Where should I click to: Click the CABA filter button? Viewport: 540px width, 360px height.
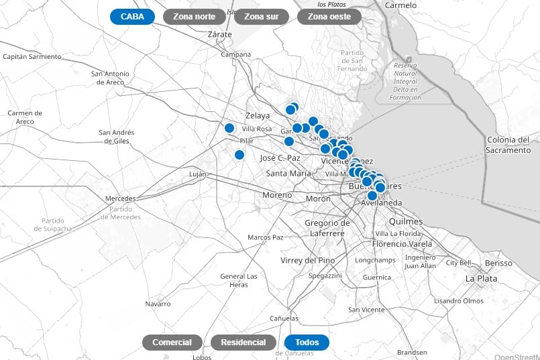(132, 17)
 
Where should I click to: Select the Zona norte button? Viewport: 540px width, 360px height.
(194, 17)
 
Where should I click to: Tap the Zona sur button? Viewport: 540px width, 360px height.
(262, 17)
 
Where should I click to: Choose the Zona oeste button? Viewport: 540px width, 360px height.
(329, 17)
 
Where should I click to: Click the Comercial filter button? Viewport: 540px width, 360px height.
(172, 343)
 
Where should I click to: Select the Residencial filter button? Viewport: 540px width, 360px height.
(243, 343)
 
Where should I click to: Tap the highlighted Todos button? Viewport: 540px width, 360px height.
(307, 343)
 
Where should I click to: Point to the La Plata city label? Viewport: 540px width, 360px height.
(481, 278)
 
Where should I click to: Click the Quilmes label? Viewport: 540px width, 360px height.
(405, 221)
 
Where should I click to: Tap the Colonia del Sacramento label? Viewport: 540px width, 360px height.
(508, 145)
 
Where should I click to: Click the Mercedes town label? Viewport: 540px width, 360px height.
(121, 198)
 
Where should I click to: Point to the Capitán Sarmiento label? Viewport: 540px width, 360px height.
(32, 57)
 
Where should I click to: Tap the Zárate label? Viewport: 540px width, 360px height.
(219, 33)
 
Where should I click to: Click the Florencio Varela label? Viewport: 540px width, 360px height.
(402, 244)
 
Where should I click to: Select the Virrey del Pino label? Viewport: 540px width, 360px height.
(307, 260)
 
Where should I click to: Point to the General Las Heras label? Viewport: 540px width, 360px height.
(239, 280)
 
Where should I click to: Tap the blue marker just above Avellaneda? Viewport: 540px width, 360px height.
(372, 195)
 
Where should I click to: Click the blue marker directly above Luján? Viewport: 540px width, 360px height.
(239, 155)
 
